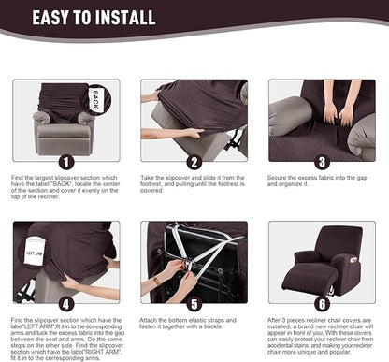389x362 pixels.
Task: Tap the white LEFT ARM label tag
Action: (x=34, y=254)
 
